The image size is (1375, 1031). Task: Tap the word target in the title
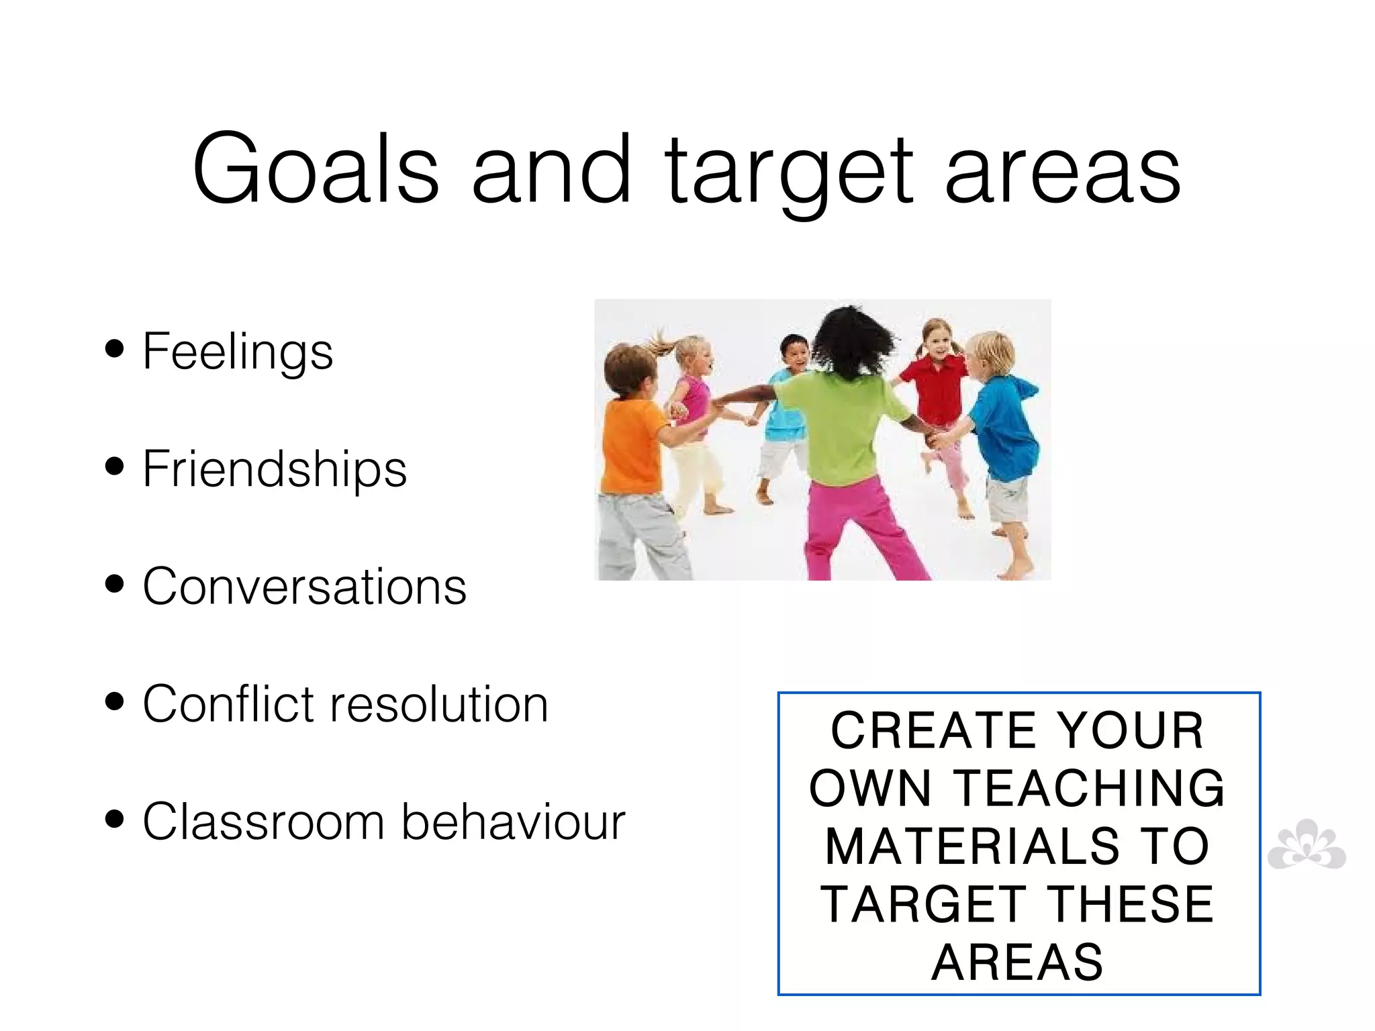(789, 171)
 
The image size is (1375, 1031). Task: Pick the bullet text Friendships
(275, 469)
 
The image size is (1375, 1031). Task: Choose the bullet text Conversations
(304, 586)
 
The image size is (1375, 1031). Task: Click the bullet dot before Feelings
(115, 349)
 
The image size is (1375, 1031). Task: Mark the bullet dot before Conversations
(115, 584)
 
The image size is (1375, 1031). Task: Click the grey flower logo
(1306, 846)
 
